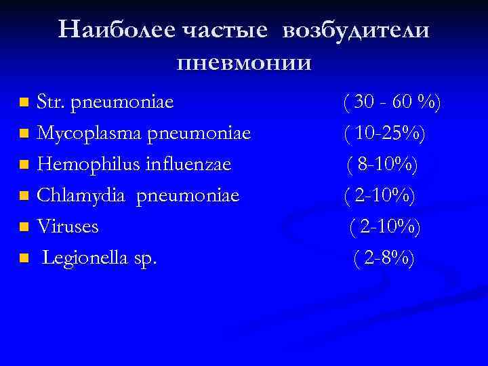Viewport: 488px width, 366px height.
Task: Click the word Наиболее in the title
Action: pyautogui.click(x=116, y=31)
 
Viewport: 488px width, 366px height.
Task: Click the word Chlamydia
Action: pyautogui.click(x=77, y=195)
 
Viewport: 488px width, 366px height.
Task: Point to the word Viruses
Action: pyautogui.click(x=68, y=226)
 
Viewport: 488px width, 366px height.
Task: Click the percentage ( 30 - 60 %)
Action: pyautogui.click(x=392, y=103)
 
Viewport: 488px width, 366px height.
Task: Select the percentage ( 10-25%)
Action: pyautogui.click(x=385, y=134)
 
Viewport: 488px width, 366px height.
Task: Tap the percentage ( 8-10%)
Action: pyautogui.click(x=383, y=165)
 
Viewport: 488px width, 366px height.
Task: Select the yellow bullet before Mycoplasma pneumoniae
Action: pyautogui.click(x=24, y=135)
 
